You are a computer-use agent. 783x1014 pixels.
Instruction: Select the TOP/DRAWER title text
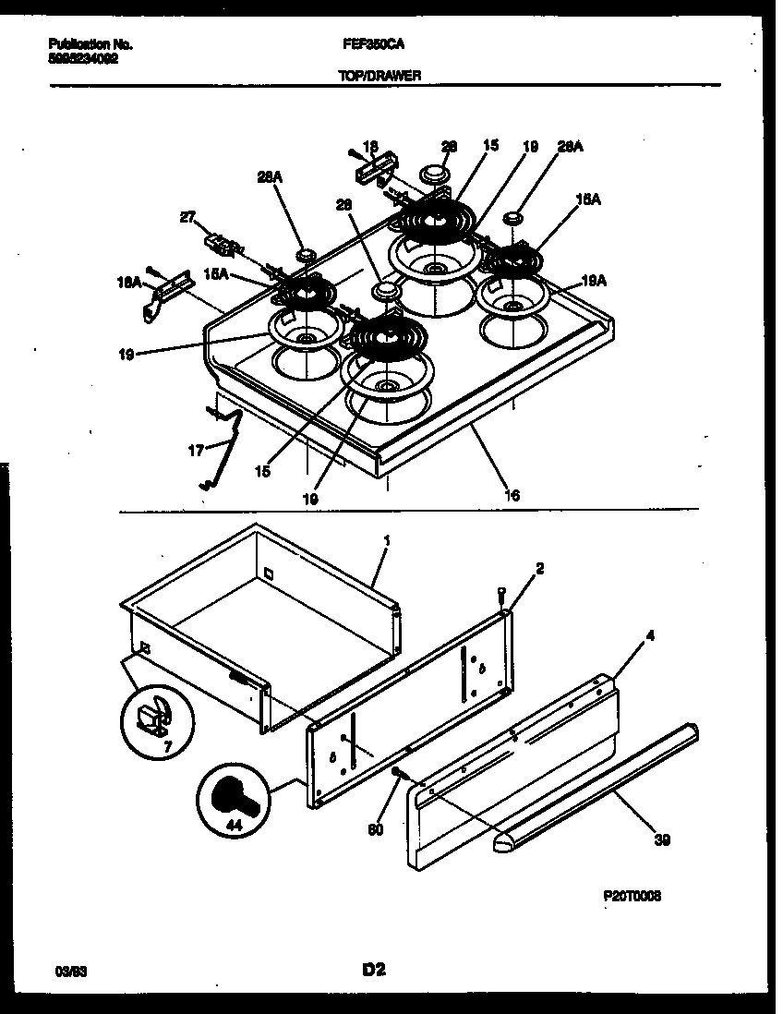pos(379,76)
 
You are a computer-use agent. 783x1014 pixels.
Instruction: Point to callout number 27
pos(187,219)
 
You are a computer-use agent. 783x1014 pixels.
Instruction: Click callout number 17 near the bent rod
pos(195,451)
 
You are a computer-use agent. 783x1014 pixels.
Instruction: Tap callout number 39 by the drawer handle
pos(661,839)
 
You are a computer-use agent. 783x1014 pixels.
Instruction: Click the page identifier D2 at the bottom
pos(373,969)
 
